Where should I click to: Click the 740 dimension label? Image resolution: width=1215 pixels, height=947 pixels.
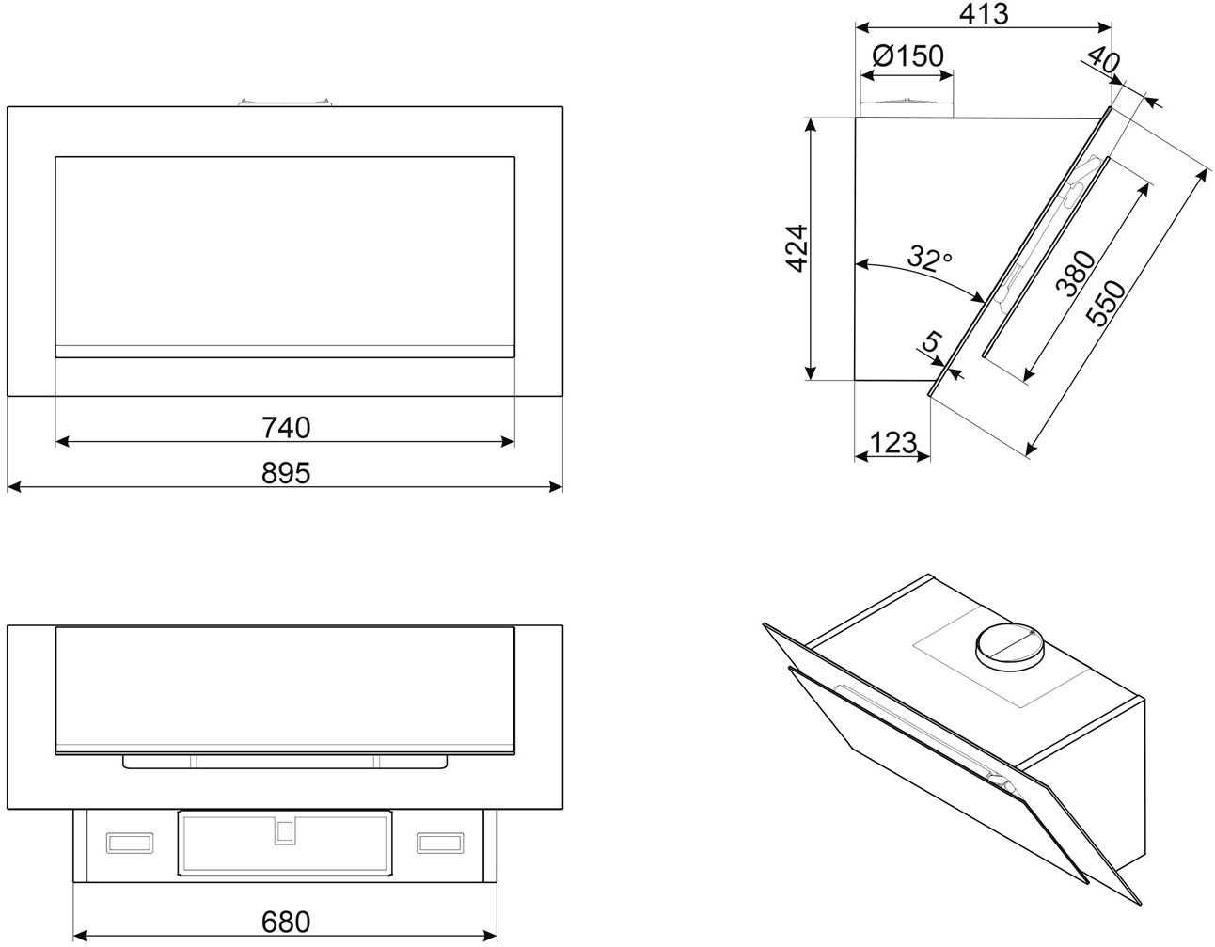(286, 428)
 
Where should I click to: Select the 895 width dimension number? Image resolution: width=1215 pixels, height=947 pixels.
(286, 473)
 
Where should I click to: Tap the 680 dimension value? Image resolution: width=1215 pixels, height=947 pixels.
(286, 922)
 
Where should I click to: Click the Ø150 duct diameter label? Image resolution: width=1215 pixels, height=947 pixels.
(907, 56)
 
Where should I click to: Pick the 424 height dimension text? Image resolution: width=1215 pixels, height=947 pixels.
(797, 248)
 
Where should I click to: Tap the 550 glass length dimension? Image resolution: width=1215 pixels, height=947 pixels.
(1107, 303)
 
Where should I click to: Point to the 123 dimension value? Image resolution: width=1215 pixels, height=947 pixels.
(892, 442)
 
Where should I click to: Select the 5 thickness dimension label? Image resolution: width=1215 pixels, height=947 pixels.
(930, 343)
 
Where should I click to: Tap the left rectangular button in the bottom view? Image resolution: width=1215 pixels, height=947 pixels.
(129, 842)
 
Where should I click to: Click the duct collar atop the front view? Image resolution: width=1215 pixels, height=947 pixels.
(285, 102)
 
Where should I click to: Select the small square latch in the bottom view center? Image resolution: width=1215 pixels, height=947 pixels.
(284, 830)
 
